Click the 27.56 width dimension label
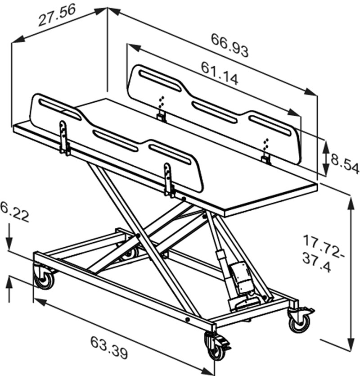[57, 15]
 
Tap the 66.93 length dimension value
[229, 45]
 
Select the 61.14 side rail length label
[220, 73]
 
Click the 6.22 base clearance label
[14, 212]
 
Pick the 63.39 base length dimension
[109, 347]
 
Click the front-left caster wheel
[44, 278]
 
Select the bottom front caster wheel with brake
[217, 346]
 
